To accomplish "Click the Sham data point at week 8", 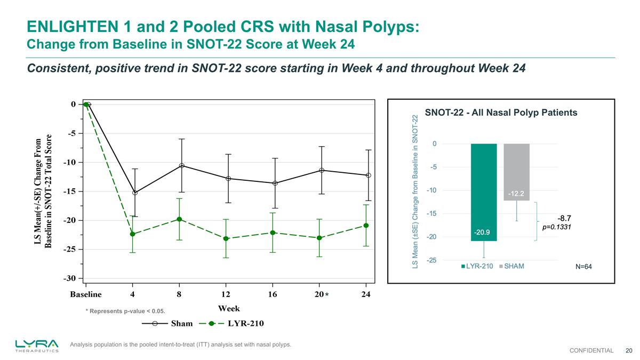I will click(182, 165).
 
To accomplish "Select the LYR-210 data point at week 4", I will click(132, 234).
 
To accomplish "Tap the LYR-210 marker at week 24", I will click(366, 226).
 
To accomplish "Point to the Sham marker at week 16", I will click(275, 183).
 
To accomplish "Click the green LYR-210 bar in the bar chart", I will click(484, 192).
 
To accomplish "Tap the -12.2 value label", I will click(516, 193).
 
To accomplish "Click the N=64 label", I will click(583, 266).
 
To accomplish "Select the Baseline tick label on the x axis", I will click(85, 294).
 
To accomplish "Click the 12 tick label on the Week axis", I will click(226, 294).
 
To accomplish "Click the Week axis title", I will click(229, 308).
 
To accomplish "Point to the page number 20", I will click(629, 350).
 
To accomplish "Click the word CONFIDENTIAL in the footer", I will click(591, 350).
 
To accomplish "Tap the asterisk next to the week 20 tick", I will click(326, 294).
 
